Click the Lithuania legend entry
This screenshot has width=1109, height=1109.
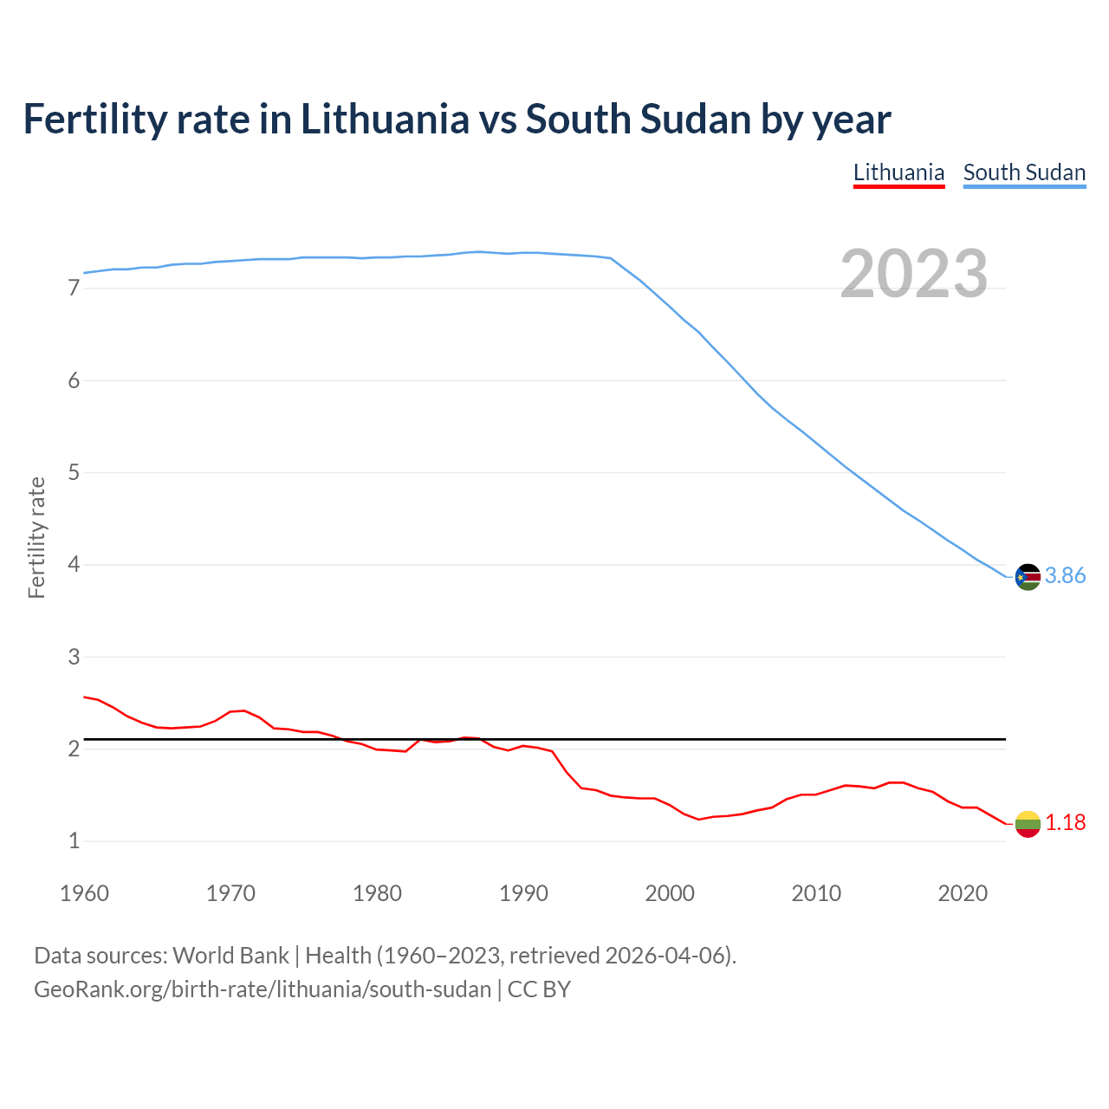898,172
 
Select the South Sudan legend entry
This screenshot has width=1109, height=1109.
1024,172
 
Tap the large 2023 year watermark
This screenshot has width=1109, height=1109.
914,274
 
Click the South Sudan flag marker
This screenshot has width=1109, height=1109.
1028,576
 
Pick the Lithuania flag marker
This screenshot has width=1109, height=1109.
1028,823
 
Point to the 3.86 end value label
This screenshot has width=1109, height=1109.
1065,576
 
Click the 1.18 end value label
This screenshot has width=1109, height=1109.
1065,823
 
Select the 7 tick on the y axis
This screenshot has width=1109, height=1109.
74,289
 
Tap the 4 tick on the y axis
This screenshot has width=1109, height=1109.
74,565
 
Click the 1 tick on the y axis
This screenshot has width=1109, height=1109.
74,841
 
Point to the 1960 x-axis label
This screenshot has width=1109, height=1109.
84,893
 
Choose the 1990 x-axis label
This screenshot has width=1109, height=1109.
523,893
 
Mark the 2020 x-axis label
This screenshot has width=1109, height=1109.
963,893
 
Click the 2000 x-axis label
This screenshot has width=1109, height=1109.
670,893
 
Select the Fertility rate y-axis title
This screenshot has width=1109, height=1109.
36,537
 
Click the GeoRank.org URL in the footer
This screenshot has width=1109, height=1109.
263,989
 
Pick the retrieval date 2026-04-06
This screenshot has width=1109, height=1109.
668,956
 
